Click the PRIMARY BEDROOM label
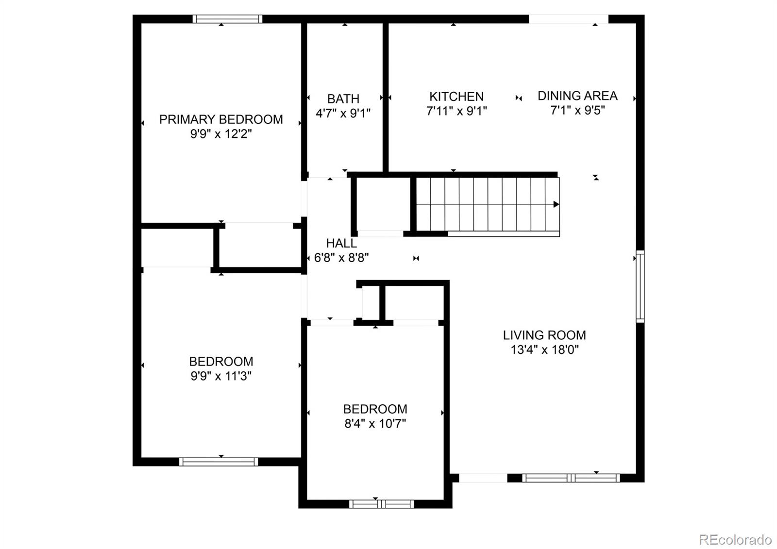[221, 119]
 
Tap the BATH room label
[343, 99]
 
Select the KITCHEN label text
[456, 97]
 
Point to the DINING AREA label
[577, 96]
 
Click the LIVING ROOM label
[544, 335]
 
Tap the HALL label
[341, 243]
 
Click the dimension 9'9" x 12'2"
[221, 134]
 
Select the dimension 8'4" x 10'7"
[375, 424]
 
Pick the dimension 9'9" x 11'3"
[221, 376]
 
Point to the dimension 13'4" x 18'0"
[544, 349]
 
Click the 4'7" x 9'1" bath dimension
[343, 114]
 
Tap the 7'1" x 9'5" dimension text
[577, 110]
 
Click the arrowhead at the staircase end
[557, 204]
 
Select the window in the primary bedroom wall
[227, 19]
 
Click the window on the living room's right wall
[641, 286]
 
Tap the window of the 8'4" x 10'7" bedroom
[381, 504]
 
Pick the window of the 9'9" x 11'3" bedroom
[219, 462]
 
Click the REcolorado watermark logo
[735, 539]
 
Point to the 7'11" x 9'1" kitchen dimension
[456, 111]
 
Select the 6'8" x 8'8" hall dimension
[341, 258]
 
